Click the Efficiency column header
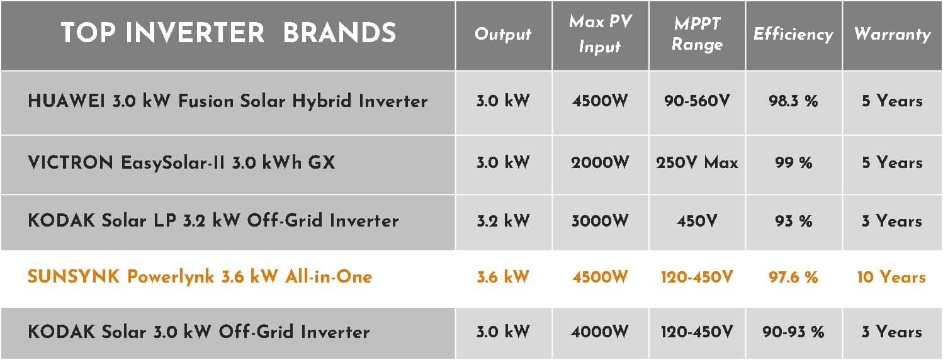[x=794, y=34]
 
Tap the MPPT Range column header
[x=697, y=34]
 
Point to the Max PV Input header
[x=601, y=34]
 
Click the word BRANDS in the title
[x=339, y=33]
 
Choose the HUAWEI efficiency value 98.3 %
[x=793, y=101]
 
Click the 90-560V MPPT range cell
[x=697, y=101]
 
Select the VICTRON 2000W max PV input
[x=601, y=162]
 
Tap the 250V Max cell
[x=697, y=162]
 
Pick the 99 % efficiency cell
[x=794, y=162]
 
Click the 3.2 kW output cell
[x=503, y=221]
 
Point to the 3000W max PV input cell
[x=600, y=221]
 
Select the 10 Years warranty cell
[x=891, y=277]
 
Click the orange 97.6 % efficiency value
[x=793, y=277]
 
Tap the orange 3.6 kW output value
[x=503, y=277]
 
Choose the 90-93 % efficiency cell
[x=793, y=332]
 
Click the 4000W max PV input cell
[x=600, y=332]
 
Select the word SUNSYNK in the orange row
[x=74, y=277]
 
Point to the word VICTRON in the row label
[x=71, y=162]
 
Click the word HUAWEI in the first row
[x=66, y=101]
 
